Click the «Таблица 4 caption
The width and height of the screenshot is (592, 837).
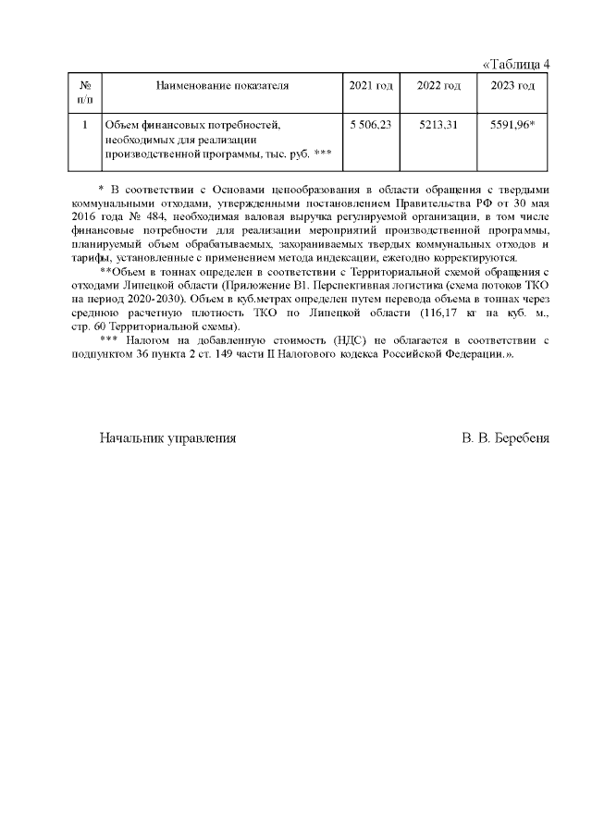point(517,64)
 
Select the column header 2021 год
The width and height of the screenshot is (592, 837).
point(371,86)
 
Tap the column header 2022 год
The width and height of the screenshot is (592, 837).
point(438,86)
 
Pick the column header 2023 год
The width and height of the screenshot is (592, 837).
point(512,86)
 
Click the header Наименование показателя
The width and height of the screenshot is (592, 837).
point(222,86)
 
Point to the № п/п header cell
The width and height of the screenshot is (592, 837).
point(85,92)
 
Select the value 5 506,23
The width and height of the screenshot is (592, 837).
point(371,124)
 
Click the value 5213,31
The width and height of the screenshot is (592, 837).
point(438,124)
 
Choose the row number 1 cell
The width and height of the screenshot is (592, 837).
point(85,124)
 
